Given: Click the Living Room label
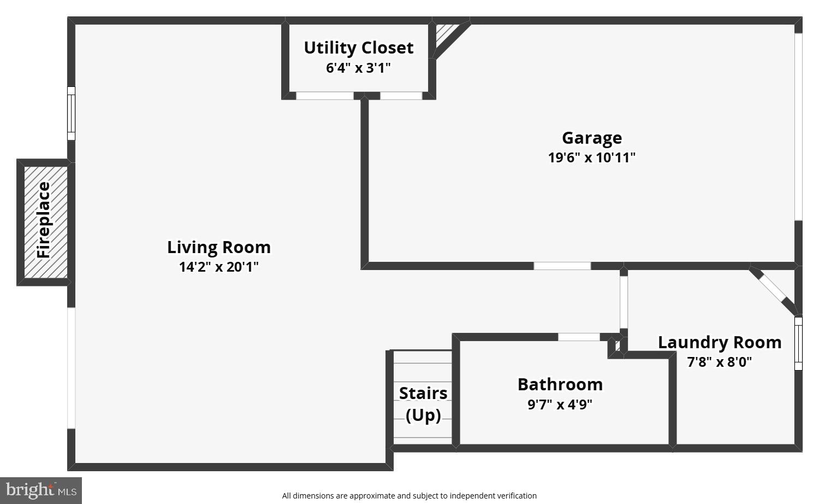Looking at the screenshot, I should tap(218, 247).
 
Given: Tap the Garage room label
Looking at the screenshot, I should tap(591, 138).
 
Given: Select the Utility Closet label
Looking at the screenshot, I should tap(358, 48).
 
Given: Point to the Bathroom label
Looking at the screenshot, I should tap(560, 384).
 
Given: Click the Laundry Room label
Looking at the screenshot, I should tap(719, 342).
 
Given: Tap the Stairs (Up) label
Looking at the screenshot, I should tap(423, 404).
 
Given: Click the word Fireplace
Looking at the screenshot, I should tap(44, 220).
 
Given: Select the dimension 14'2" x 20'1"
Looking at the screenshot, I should tap(218, 267).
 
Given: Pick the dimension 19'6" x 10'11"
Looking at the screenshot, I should tap(591, 157).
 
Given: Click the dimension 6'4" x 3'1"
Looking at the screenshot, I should tap(358, 68).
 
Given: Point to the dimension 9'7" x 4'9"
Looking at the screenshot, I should tap(560, 405).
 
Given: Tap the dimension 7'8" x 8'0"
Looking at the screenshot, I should tap(719, 362).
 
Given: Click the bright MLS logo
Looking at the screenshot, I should tap(41, 490).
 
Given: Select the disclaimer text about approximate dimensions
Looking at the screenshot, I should tap(409, 496).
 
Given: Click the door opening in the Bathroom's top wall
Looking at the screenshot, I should tap(579, 337).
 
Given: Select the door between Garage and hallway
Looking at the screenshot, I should tap(562, 266).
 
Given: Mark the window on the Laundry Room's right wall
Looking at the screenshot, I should tap(798, 343).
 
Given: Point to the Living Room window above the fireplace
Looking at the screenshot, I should tap(71, 113).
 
